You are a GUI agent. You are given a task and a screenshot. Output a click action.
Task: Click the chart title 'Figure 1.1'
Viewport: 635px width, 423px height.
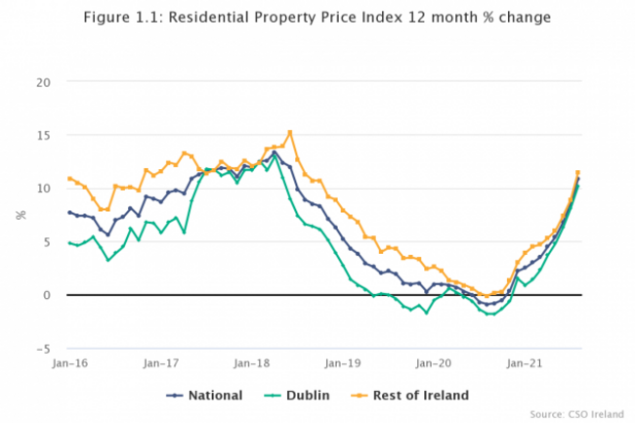click(317, 18)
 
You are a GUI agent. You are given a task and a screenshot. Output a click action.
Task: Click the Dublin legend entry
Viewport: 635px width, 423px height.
click(301, 395)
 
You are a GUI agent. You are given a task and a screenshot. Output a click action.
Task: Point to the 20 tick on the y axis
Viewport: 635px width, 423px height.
click(42, 81)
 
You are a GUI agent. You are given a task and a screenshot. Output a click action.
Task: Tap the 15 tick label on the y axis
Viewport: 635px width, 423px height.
click(42, 135)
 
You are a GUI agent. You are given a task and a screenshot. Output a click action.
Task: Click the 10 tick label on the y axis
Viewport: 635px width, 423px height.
click(42, 188)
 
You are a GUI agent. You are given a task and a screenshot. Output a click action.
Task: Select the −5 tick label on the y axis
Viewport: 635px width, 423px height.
click(42, 348)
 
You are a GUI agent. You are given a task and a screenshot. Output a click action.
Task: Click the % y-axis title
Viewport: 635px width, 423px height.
click(20, 214)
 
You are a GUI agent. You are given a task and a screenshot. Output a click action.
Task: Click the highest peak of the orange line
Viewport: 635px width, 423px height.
click(289, 132)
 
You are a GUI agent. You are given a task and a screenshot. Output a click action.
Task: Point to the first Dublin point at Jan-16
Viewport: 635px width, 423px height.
click(69, 242)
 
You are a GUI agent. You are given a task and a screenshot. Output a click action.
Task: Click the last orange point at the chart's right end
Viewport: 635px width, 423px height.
click(577, 173)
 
